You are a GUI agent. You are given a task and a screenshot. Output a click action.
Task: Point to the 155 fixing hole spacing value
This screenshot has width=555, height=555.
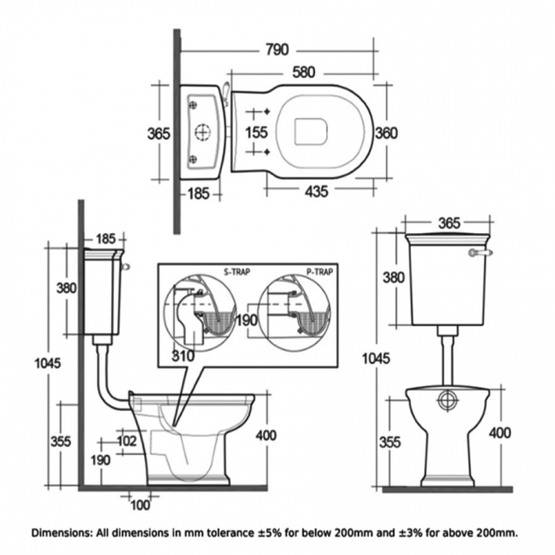click(x=257, y=132)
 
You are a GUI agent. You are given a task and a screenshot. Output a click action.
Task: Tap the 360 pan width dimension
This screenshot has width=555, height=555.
click(x=386, y=132)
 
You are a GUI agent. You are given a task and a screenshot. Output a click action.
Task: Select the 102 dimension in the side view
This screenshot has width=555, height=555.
click(x=126, y=441)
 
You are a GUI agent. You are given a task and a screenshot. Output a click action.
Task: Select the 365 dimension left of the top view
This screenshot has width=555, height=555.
click(x=158, y=132)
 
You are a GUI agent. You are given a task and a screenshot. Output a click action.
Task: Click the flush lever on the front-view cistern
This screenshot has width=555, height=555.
click(x=482, y=253)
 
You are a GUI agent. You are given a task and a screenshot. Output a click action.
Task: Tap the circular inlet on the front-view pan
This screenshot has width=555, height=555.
click(x=447, y=400)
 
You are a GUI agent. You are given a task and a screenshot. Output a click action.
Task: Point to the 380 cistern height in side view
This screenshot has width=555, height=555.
click(x=67, y=288)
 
